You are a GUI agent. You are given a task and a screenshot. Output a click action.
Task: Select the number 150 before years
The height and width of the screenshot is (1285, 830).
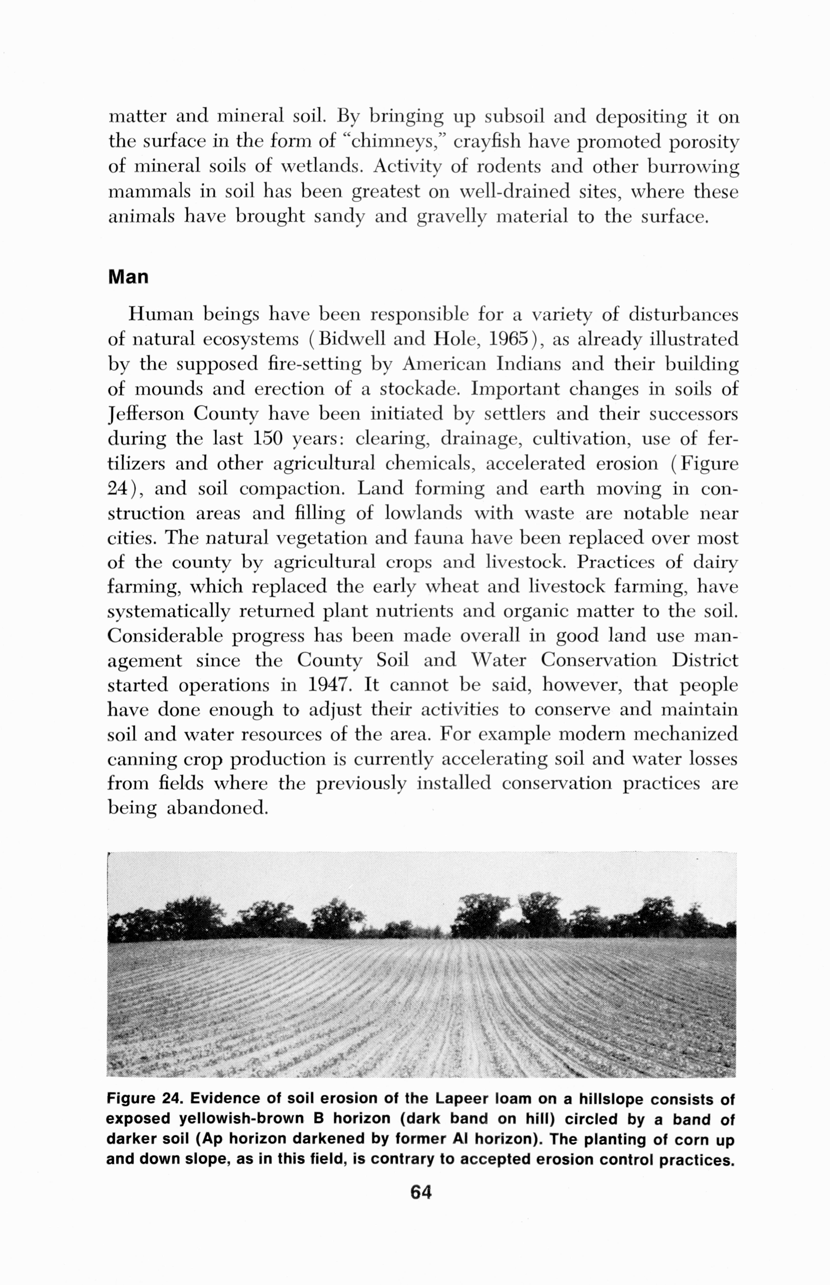click(x=268, y=439)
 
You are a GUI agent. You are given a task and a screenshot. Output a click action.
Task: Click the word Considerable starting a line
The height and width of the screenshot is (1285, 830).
click(x=165, y=636)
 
